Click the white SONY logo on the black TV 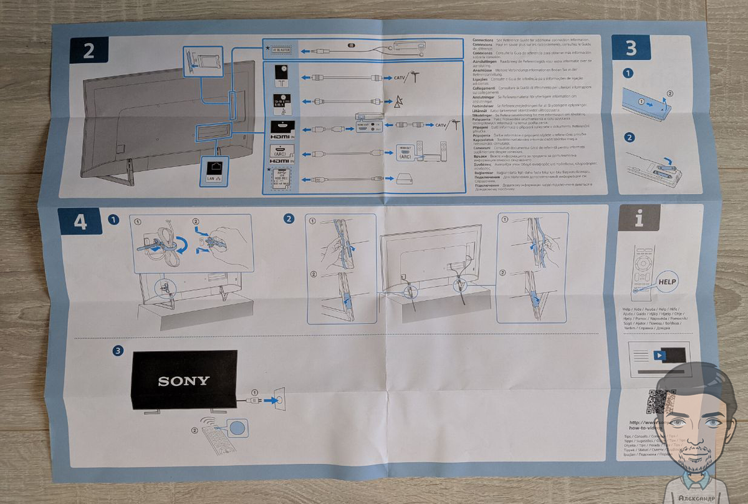pyautogui.click(x=183, y=380)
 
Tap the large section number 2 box pyautogui.click(x=89, y=50)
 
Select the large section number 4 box pyautogui.click(x=80, y=223)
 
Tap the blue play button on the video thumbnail pyautogui.click(x=659, y=355)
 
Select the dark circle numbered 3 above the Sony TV pyautogui.click(x=117, y=351)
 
